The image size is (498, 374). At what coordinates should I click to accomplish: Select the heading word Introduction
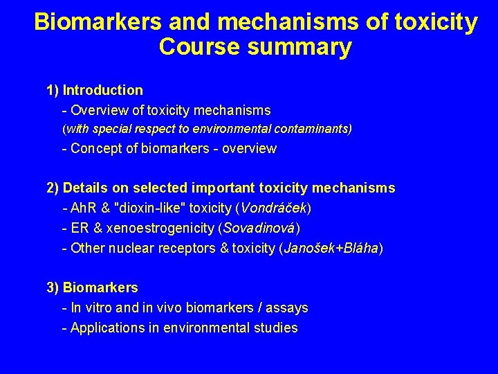(x=103, y=90)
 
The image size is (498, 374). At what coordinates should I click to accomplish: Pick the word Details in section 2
(x=87, y=188)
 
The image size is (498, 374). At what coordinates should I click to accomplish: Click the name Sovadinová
(x=259, y=228)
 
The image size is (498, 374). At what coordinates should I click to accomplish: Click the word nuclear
(x=127, y=248)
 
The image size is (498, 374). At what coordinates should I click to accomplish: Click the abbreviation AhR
(x=83, y=208)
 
